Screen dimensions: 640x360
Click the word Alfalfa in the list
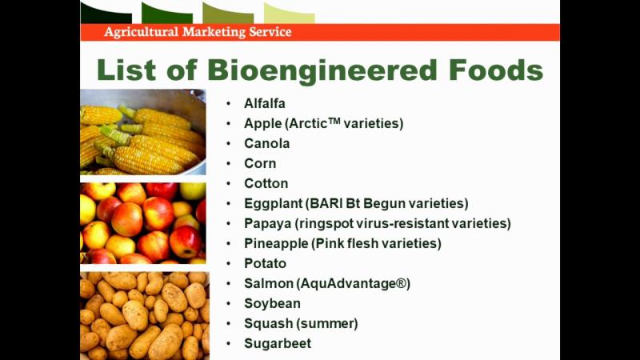click(265, 103)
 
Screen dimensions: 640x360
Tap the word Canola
click(267, 143)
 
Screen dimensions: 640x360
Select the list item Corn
click(260, 163)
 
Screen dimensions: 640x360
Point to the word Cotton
click(266, 183)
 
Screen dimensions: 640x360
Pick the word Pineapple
click(276, 244)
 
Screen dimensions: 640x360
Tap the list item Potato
click(265, 263)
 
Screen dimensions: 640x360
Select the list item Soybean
click(272, 304)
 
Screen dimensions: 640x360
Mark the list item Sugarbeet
click(278, 343)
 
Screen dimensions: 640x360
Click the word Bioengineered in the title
click(322, 70)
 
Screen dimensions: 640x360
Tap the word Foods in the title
click(496, 70)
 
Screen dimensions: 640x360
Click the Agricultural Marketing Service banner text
click(198, 32)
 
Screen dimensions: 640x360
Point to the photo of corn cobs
click(143, 132)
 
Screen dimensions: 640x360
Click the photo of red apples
click(143, 223)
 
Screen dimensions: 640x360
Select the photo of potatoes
click(145, 315)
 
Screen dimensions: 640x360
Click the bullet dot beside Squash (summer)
click(229, 324)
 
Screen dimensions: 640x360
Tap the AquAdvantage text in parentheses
click(353, 284)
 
